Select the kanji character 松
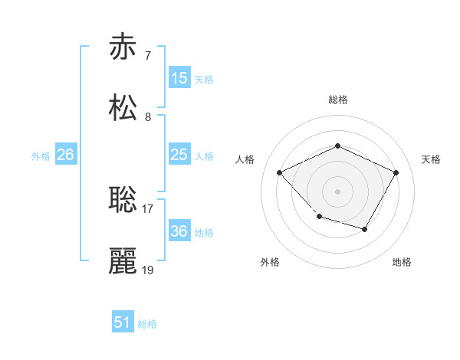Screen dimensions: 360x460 123,108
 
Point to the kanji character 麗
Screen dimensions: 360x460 123,261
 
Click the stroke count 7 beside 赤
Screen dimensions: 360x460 148,55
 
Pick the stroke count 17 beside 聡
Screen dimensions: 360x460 148,208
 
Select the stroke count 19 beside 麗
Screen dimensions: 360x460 148,270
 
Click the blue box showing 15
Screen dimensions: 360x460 179,77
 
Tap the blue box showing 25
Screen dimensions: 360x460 179,155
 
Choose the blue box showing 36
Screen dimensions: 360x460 179,231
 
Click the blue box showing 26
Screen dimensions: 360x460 65,155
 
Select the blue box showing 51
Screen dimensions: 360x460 123,322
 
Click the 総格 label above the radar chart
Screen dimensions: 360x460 338,100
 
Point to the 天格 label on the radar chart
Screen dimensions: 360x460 431,159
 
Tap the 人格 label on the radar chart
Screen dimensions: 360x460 245,159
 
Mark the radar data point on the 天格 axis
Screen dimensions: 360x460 396,172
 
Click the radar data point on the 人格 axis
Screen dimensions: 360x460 280,172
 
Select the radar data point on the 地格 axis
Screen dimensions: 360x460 365,229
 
